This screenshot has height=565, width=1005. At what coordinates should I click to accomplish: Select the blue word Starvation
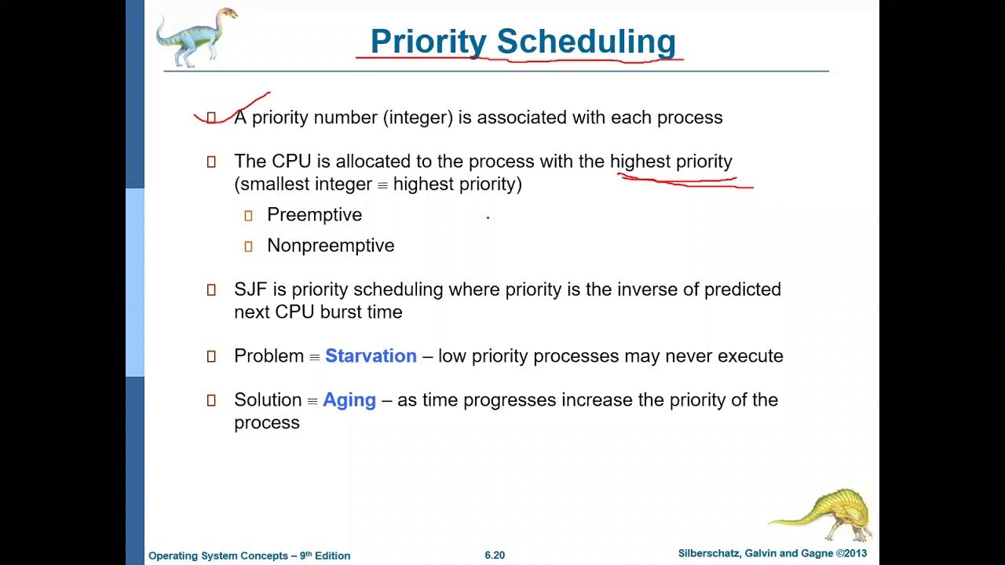[371, 356]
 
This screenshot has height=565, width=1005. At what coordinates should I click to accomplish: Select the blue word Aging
[349, 400]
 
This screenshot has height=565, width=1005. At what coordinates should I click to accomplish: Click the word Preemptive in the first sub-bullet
[314, 215]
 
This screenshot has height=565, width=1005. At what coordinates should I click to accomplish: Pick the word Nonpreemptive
[331, 246]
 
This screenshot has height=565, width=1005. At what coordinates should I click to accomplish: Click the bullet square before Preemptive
[248, 216]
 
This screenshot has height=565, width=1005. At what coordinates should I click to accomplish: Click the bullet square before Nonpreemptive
[248, 246]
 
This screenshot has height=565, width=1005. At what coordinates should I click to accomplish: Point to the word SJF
[250, 290]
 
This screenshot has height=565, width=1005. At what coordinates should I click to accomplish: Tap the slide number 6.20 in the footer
[495, 556]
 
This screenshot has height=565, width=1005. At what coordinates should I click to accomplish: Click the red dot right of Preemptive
[488, 218]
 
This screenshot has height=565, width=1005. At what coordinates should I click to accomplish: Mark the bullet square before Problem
[210, 357]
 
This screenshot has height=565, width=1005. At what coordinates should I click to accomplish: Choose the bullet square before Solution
[210, 401]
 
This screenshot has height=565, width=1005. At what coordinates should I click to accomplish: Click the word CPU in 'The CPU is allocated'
[291, 162]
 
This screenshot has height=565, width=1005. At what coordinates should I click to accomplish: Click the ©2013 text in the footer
[851, 554]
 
